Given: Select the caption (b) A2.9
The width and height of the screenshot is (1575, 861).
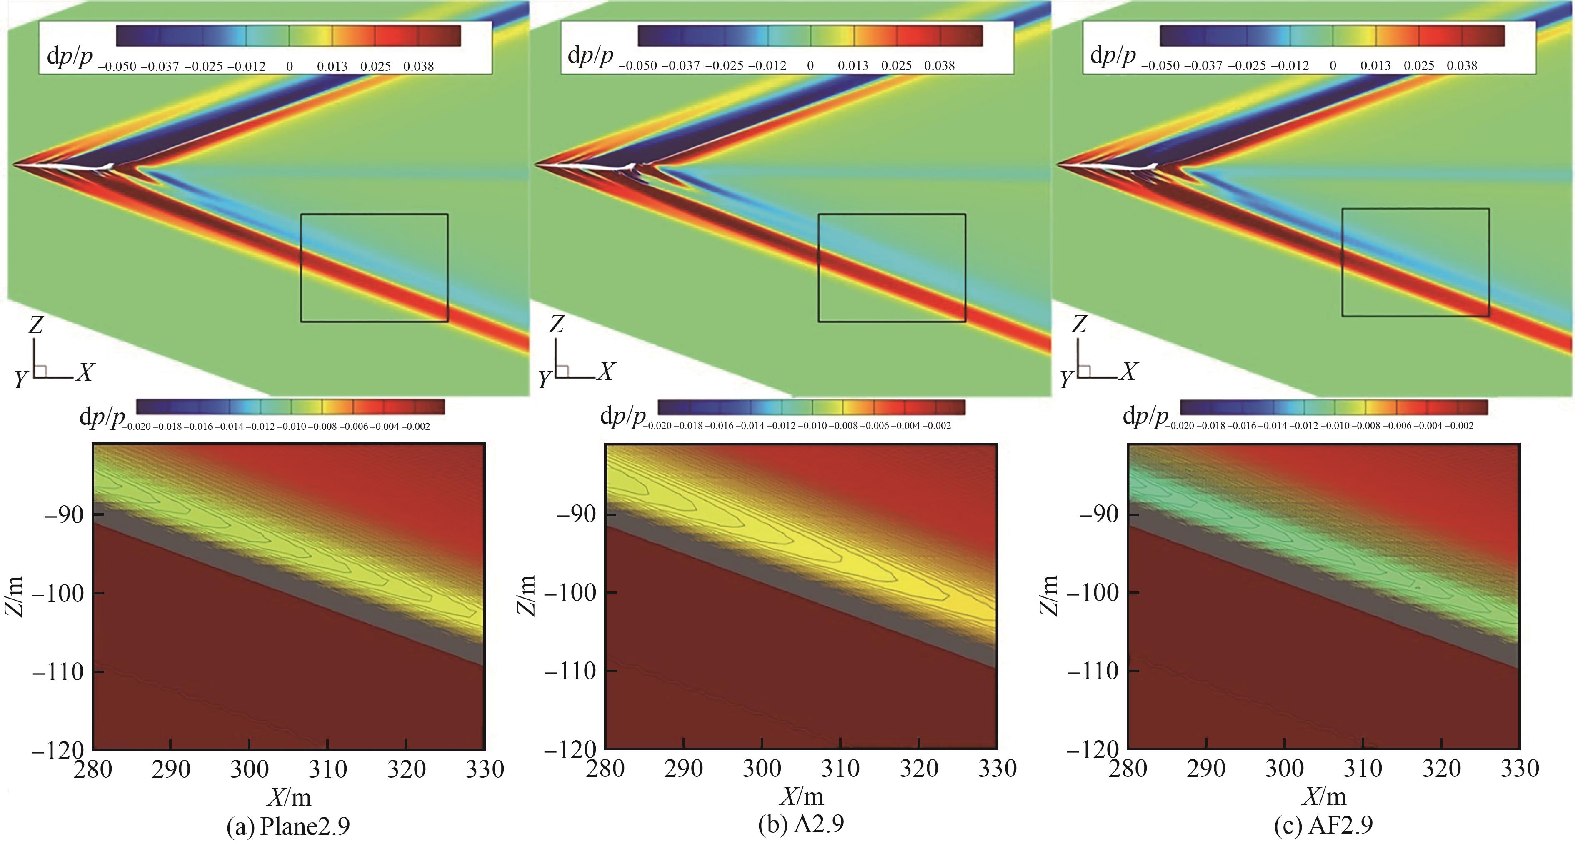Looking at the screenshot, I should pyautogui.click(x=801, y=824).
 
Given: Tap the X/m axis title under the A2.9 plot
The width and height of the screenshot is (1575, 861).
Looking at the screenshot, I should pyautogui.click(x=801, y=796).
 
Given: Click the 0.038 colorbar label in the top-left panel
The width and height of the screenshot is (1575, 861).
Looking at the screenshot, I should pyautogui.click(x=418, y=66).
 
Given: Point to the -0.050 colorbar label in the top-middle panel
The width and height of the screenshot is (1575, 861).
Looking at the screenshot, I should pyautogui.click(x=637, y=66).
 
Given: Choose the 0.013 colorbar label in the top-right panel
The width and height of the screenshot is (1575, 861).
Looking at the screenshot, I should pyautogui.click(x=1375, y=66).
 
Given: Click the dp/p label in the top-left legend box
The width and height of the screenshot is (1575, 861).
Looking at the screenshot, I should pyautogui.click(x=70, y=56).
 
